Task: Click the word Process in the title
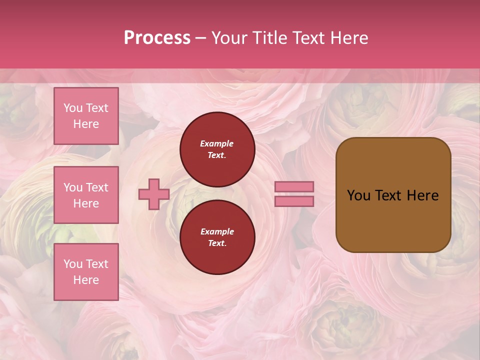pyautogui.click(x=157, y=38)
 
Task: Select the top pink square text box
pyautogui.click(x=86, y=116)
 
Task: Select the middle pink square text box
pyautogui.click(x=86, y=195)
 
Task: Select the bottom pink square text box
pyautogui.click(x=86, y=272)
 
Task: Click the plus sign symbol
pyautogui.click(x=154, y=194)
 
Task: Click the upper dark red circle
pyautogui.click(x=217, y=149)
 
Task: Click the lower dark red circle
pyautogui.click(x=217, y=237)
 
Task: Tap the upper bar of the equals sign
pyautogui.click(x=294, y=186)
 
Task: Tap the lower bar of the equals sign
pyautogui.click(x=294, y=201)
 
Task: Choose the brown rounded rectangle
pyautogui.click(x=393, y=195)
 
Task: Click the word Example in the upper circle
pyautogui.click(x=217, y=144)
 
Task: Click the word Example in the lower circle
pyautogui.click(x=217, y=232)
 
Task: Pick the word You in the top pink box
pyautogui.click(x=73, y=108)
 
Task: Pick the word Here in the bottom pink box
pyautogui.click(x=86, y=280)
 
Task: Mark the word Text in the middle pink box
pyautogui.click(x=96, y=187)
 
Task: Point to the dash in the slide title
pyautogui.click(x=201, y=38)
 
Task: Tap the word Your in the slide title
pyautogui.click(x=230, y=38)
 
